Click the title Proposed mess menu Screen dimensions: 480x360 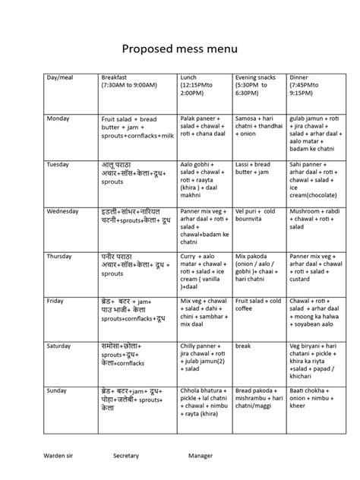click(x=180, y=50)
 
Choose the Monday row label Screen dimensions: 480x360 click(x=58, y=119)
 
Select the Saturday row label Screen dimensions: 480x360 click(x=62, y=346)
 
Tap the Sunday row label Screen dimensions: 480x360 click(x=59, y=390)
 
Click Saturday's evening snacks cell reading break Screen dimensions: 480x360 click(x=244, y=346)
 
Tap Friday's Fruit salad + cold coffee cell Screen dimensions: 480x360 click(x=258, y=306)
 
